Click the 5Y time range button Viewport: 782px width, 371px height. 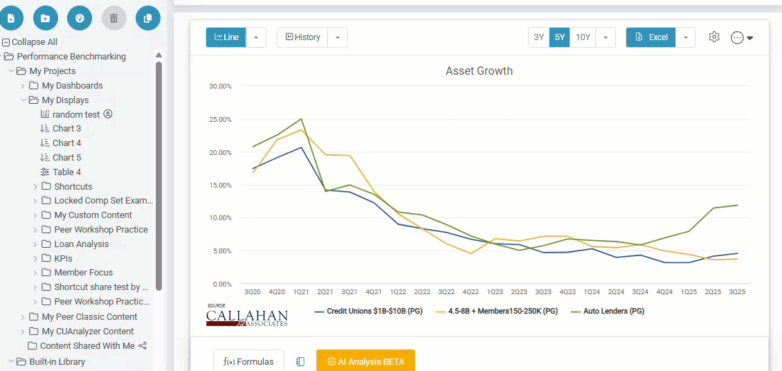pos(559,37)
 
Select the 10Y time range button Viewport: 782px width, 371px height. pos(583,37)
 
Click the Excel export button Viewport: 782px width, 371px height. pos(651,37)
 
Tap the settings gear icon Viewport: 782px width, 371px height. pos(714,37)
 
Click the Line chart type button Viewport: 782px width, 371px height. pos(226,37)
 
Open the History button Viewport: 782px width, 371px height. pos(303,37)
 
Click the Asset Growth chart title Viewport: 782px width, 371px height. pos(479,71)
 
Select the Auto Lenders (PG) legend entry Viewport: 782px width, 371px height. pos(609,311)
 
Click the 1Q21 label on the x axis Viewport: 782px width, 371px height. pos(301,292)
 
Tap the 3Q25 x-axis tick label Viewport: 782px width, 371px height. pos(736,292)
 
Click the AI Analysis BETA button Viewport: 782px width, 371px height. pos(365,361)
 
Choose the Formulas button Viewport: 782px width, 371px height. pos(248,361)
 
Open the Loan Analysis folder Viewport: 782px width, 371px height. pos(81,244)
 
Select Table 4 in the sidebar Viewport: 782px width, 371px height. pos(66,172)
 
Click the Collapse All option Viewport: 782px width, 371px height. pos(34,42)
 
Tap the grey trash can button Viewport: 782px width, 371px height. pos(114,18)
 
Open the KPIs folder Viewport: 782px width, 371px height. pos(63,259)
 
